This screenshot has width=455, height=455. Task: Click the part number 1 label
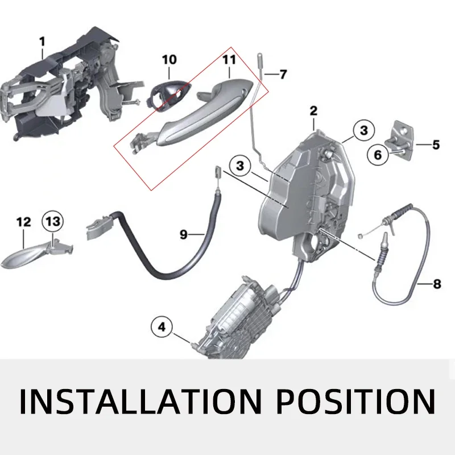pos(41,41)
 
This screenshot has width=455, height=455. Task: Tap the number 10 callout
pos(169,59)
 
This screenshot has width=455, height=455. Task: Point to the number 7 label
pos(283,75)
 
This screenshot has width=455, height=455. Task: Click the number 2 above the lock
pos(313,111)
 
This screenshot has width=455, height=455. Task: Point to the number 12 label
pos(24,222)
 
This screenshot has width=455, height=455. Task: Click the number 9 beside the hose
pos(184,234)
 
